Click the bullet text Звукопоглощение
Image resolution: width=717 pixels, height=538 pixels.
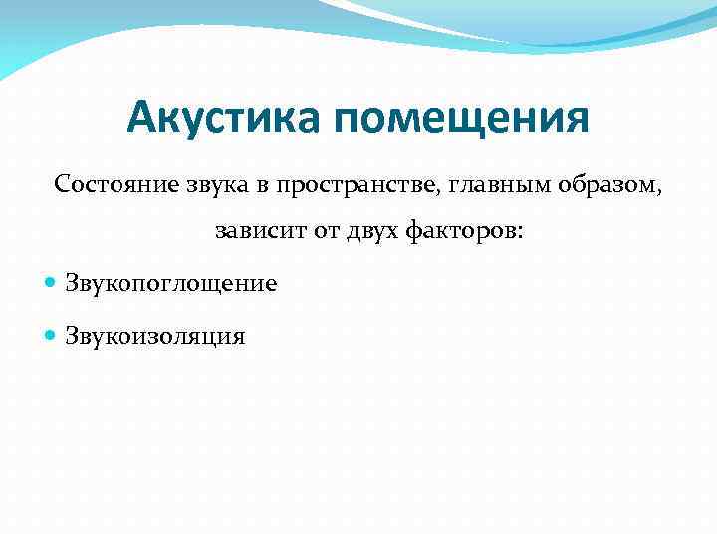click(170, 284)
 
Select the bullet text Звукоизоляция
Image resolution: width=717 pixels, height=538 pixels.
click(154, 336)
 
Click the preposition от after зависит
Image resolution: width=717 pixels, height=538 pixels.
click(320, 233)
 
